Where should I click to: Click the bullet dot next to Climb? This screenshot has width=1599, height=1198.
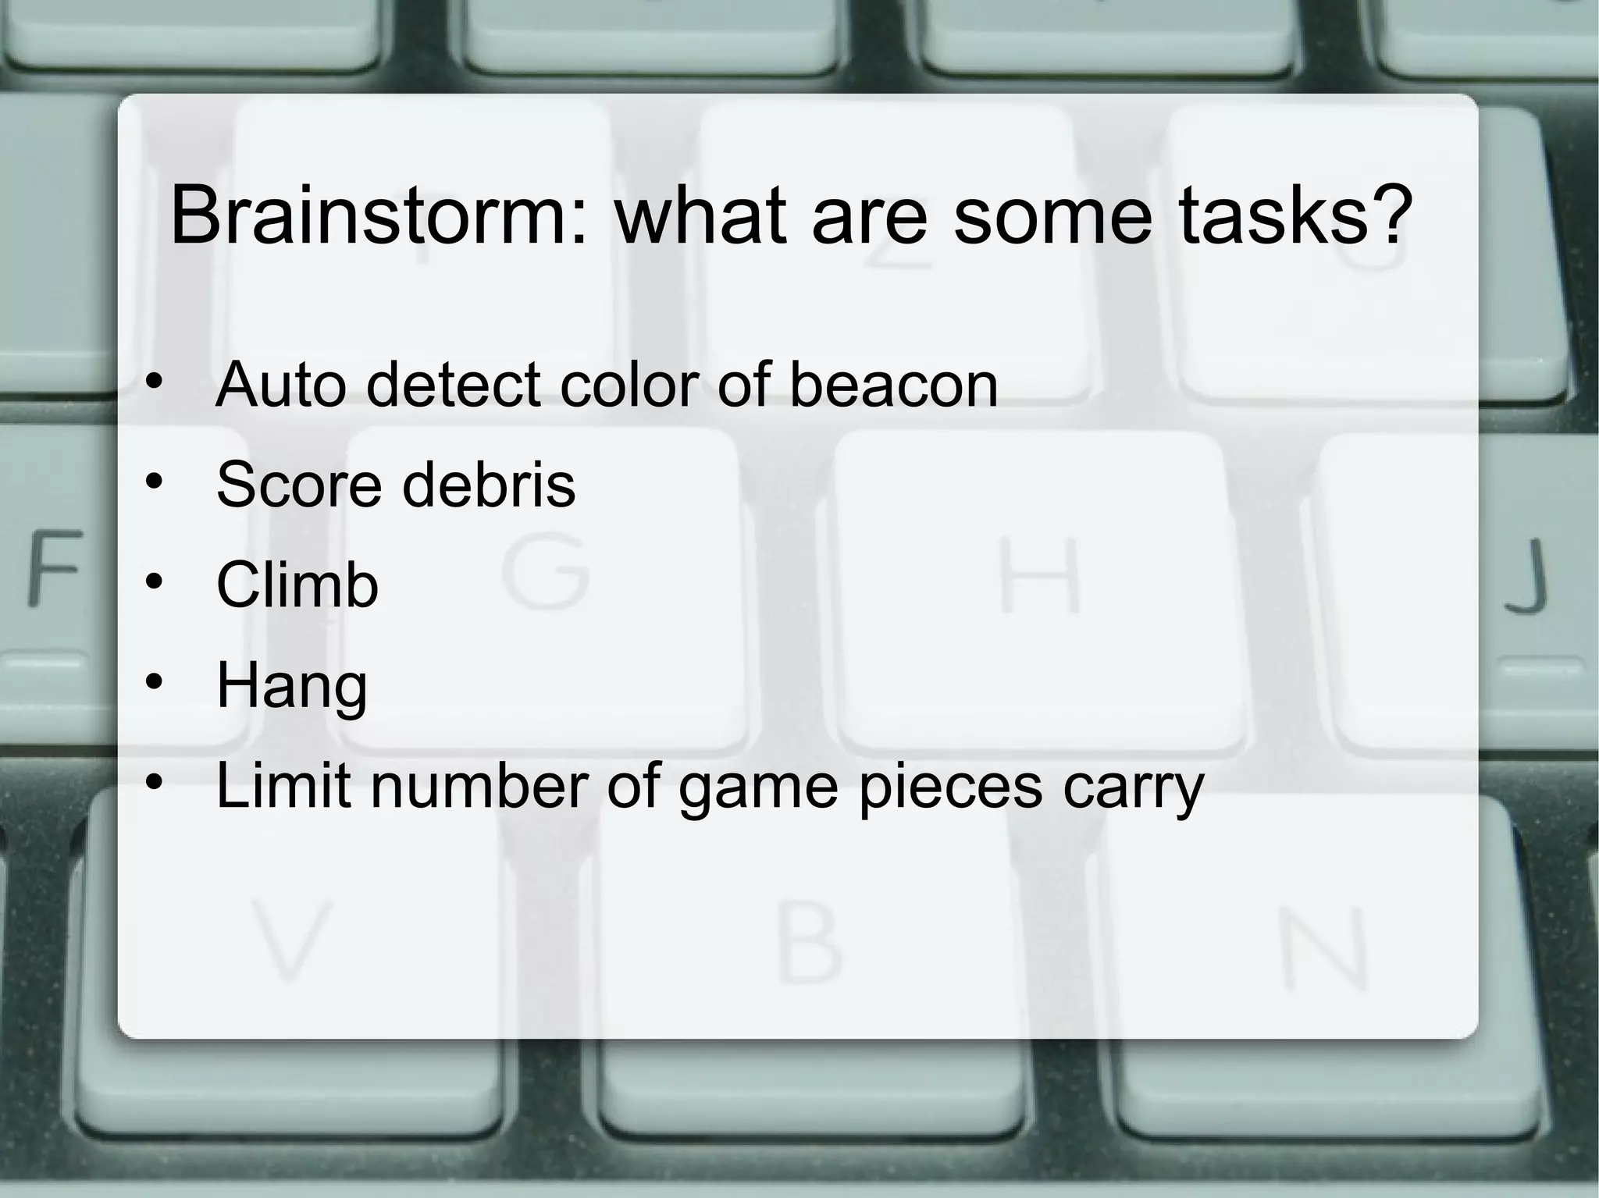(155, 582)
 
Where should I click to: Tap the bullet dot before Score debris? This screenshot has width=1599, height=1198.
(155, 482)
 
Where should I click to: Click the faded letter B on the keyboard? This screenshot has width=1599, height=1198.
(810, 944)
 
